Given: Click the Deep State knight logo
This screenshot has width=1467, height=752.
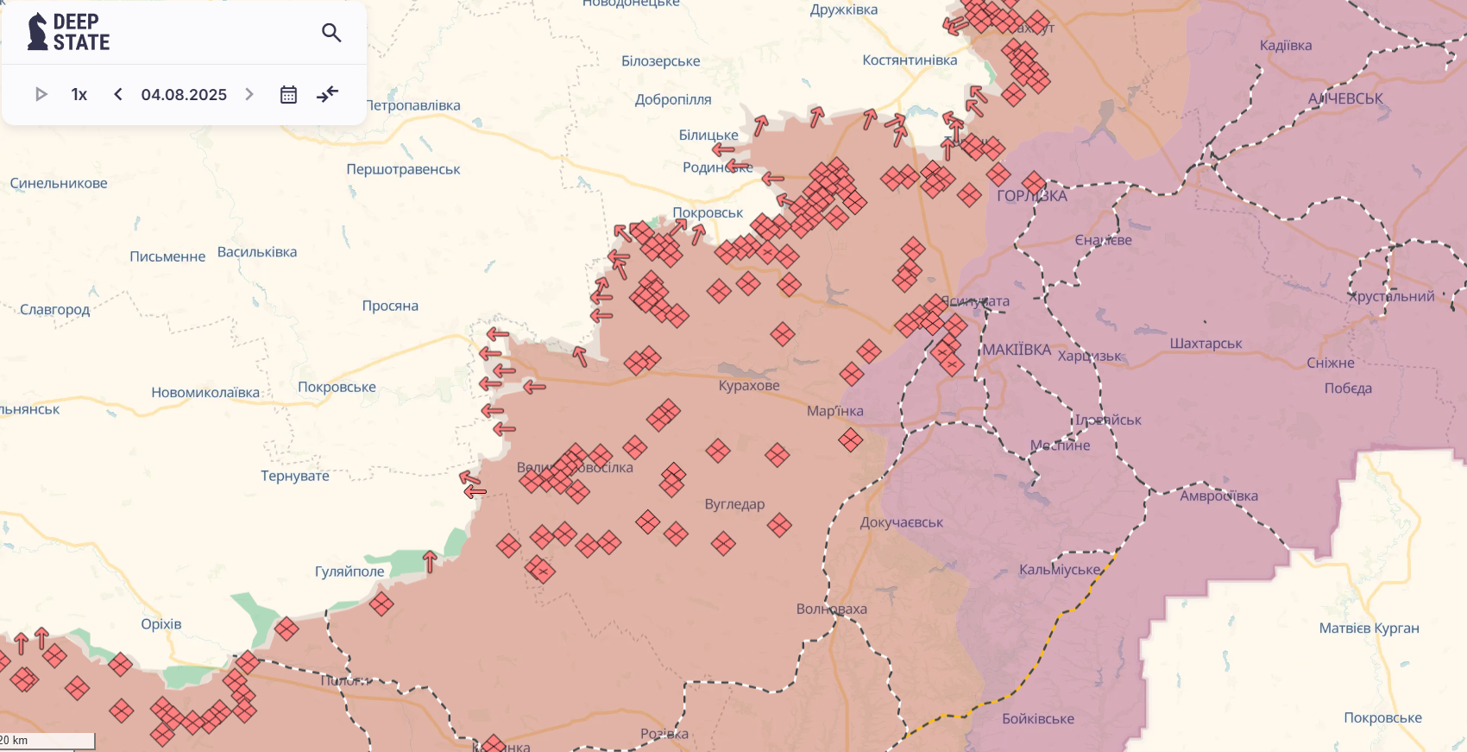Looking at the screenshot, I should [x=37, y=32].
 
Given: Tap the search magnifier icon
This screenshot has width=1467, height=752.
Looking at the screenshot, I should [x=331, y=33].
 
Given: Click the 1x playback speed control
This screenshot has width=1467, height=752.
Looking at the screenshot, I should [x=79, y=94].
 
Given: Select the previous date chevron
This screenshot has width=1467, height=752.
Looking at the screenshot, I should [x=118, y=94].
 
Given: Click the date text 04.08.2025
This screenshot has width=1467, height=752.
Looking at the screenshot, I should [x=184, y=94].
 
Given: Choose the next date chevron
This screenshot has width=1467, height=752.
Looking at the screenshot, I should [x=249, y=94].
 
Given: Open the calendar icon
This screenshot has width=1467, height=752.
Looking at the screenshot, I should [x=288, y=94].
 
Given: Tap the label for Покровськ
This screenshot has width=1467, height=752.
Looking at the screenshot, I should [x=708, y=212].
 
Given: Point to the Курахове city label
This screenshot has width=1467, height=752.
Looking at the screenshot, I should [x=749, y=385].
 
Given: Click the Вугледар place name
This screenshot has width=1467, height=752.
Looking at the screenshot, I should [x=734, y=503].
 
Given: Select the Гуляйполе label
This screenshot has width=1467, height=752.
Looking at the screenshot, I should [x=349, y=571].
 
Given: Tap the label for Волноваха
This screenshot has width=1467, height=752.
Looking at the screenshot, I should [x=831, y=609].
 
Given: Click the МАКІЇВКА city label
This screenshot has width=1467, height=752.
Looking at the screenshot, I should [x=1017, y=350].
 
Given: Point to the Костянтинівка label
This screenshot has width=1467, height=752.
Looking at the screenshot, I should [x=910, y=60].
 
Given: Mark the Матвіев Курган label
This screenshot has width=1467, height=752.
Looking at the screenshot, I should [x=1369, y=628].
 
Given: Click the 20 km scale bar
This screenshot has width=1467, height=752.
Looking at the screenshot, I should [x=47, y=741].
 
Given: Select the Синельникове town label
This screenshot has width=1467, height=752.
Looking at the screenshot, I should [x=59, y=183].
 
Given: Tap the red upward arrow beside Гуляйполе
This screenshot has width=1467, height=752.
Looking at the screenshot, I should [x=430, y=561].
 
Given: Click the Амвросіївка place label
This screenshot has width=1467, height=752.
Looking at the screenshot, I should [x=1218, y=496].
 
